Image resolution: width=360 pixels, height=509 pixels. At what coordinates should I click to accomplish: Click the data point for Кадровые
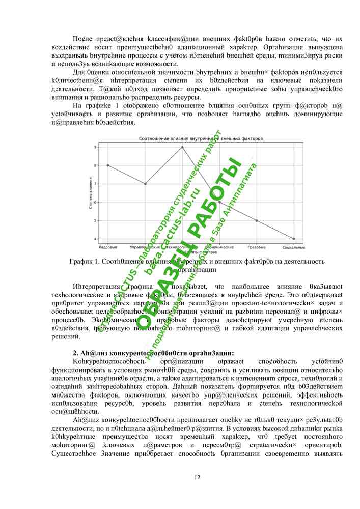coord(108,165)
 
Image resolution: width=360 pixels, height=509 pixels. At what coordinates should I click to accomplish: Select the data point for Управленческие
coord(145,184)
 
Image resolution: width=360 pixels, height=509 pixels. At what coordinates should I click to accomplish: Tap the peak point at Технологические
coord(182,147)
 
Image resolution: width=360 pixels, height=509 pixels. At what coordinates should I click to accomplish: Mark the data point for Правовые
coord(257,220)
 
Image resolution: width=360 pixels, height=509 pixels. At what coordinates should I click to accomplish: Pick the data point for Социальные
coord(294,239)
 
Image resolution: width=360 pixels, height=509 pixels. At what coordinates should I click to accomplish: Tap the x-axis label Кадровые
coord(108,247)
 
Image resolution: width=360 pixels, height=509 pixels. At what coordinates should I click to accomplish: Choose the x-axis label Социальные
coord(294,247)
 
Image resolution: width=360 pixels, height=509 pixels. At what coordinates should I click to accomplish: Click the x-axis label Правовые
coord(257,247)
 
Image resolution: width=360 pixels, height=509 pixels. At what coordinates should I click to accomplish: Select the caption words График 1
coord(85,262)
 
